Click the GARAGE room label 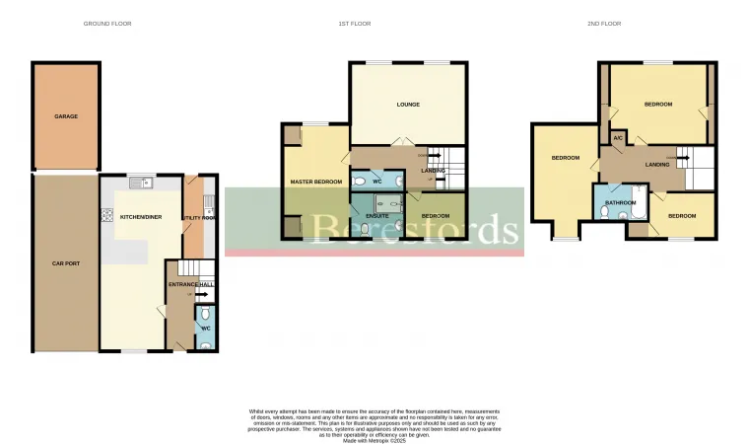pyautogui.click(x=66, y=116)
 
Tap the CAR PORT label pyautogui.click(x=66, y=263)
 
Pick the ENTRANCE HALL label pyautogui.click(x=190, y=284)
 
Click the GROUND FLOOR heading pyautogui.click(x=107, y=23)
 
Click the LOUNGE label pyautogui.click(x=408, y=105)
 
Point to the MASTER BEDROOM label pyautogui.click(x=315, y=183)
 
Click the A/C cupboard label pyautogui.click(x=618, y=138)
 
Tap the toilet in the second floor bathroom pyautogui.click(x=604, y=211)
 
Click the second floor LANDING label pyautogui.click(x=657, y=165)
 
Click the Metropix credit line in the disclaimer pyautogui.click(x=374, y=440)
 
